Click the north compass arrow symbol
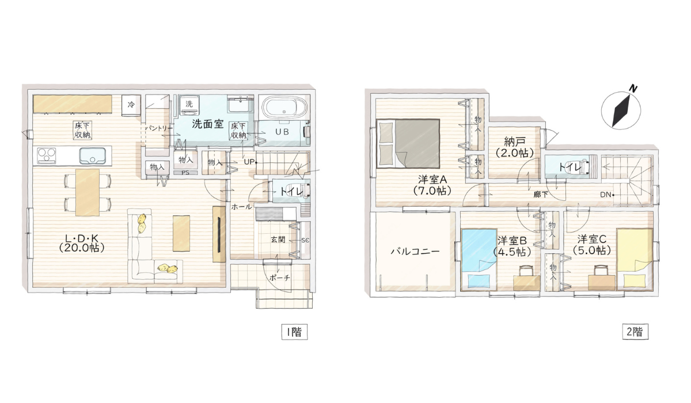pos(621,110)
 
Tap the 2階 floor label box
pos(635,332)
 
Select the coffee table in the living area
pos(181,233)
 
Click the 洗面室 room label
pos(207,123)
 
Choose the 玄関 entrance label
pos(278,239)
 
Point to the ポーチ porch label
pos(279,277)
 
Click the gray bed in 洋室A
pos(409,143)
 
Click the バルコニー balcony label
pos(415,252)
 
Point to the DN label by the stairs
pos(605,195)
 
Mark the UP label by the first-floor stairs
pos(249,162)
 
